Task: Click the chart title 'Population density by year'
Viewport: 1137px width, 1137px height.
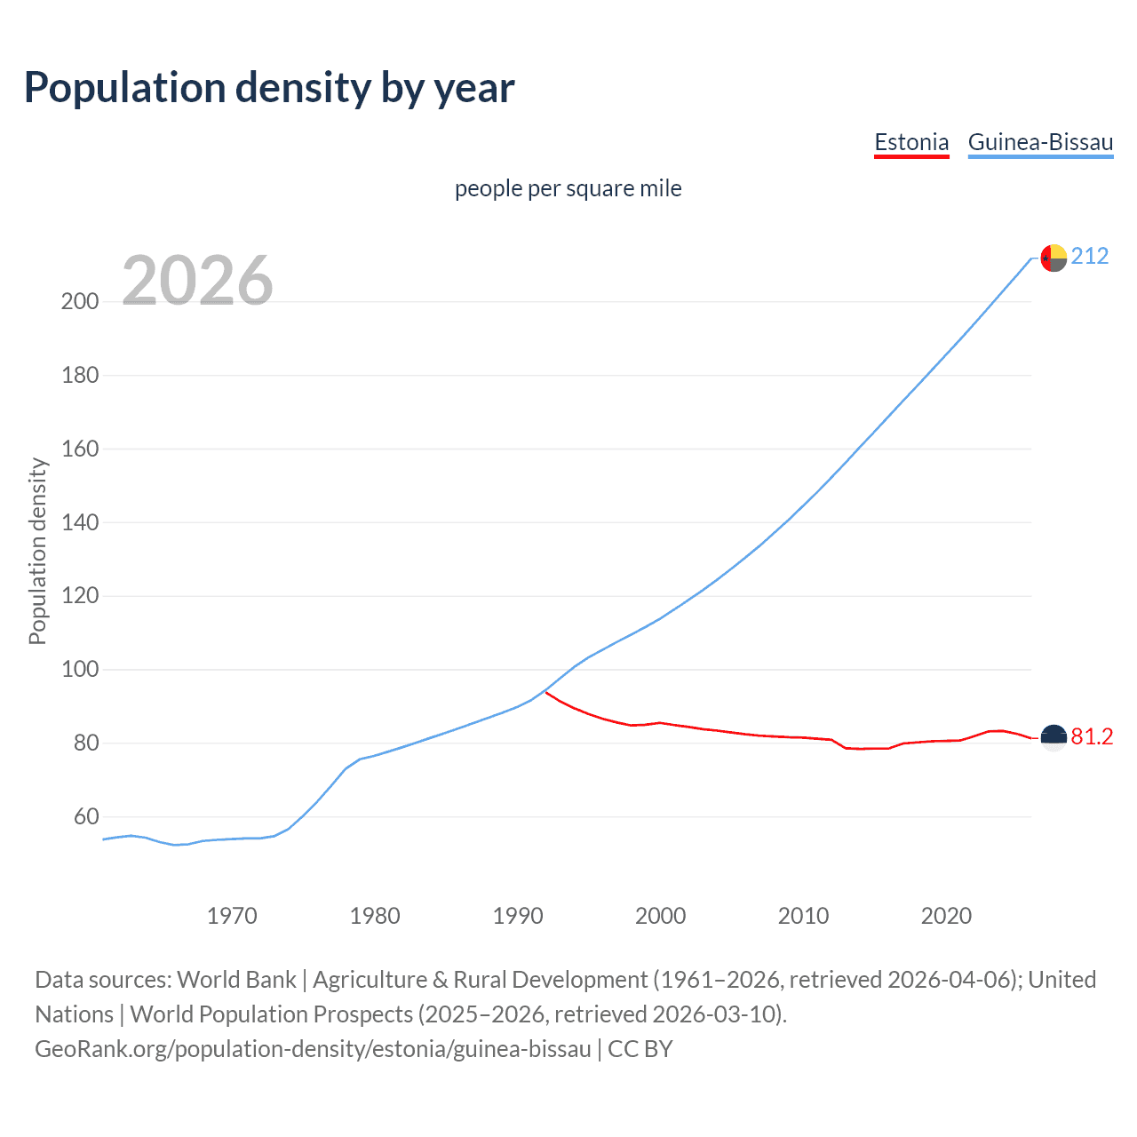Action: click(x=269, y=88)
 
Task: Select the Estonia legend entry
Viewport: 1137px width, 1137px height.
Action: click(x=911, y=142)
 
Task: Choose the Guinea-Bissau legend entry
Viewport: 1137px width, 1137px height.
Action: click(x=1040, y=142)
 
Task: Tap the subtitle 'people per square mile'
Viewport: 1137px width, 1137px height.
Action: click(x=568, y=189)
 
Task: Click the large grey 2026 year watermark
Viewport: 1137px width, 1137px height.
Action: click(x=197, y=281)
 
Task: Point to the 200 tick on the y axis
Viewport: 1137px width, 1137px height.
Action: click(x=80, y=301)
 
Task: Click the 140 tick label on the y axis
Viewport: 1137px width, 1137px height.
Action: click(x=80, y=522)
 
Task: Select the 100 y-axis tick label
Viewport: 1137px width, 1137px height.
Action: click(x=80, y=669)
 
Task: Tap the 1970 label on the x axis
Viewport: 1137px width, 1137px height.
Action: click(x=232, y=916)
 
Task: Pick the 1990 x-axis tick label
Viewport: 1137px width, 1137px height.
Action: click(x=518, y=916)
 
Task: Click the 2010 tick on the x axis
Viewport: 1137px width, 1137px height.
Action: click(x=803, y=916)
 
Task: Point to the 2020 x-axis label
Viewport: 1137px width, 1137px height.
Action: click(x=946, y=916)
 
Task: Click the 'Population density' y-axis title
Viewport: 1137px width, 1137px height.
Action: click(x=37, y=551)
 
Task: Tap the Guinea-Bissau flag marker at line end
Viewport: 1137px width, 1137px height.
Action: click(x=1054, y=258)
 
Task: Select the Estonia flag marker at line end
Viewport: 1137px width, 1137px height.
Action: click(x=1054, y=737)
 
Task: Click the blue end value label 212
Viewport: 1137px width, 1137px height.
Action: click(x=1090, y=257)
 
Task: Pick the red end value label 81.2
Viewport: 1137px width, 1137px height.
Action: click(x=1092, y=737)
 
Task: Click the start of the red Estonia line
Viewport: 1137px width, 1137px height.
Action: click(x=546, y=692)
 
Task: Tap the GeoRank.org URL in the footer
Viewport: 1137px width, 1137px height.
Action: click(x=313, y=1049)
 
